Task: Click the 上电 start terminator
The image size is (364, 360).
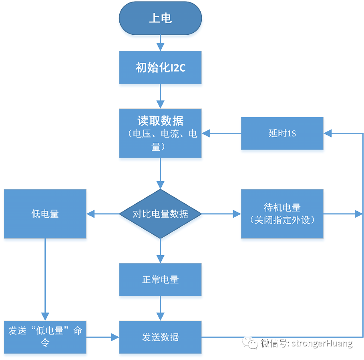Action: coord(160,18)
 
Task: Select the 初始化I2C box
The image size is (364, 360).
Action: coord(160,68)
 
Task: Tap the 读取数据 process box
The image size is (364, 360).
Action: coord(160,133)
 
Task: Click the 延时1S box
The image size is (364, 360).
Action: coord(282,133)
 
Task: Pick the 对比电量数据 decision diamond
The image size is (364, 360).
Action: coord(160,214)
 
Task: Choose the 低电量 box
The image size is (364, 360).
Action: coord(45,214)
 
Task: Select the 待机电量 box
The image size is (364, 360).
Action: coord(282,214)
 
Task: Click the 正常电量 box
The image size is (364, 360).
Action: coord(160,280)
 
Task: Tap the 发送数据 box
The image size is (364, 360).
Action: coord(160,337)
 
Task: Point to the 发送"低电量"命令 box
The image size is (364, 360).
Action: coord(45,337)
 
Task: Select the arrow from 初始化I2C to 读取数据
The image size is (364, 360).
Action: coord(160,96)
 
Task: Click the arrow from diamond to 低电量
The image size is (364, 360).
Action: coord(103,214)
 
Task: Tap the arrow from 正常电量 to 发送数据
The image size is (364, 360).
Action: coord(160,308)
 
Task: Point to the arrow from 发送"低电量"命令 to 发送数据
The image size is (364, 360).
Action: coord(103,337)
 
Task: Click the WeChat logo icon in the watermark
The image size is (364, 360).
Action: coord(251,343)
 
